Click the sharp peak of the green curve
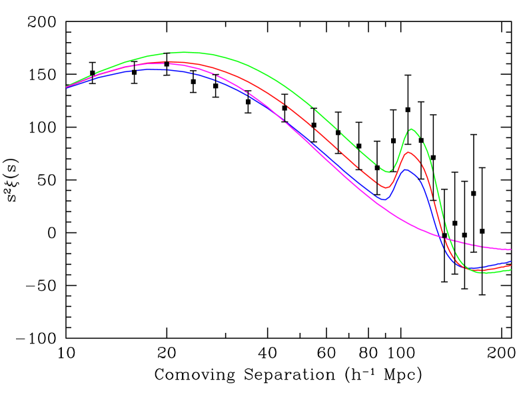point(412,129)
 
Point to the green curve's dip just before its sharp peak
point(387,172)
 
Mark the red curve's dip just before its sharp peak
point(386,188)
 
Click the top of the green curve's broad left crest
point(180,52)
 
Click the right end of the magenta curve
point(510,249)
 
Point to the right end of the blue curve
point(510,262)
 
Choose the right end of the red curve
point(510,265)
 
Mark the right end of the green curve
point(510,270)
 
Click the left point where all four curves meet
point(67,87)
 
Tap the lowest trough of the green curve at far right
point(483,273)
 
